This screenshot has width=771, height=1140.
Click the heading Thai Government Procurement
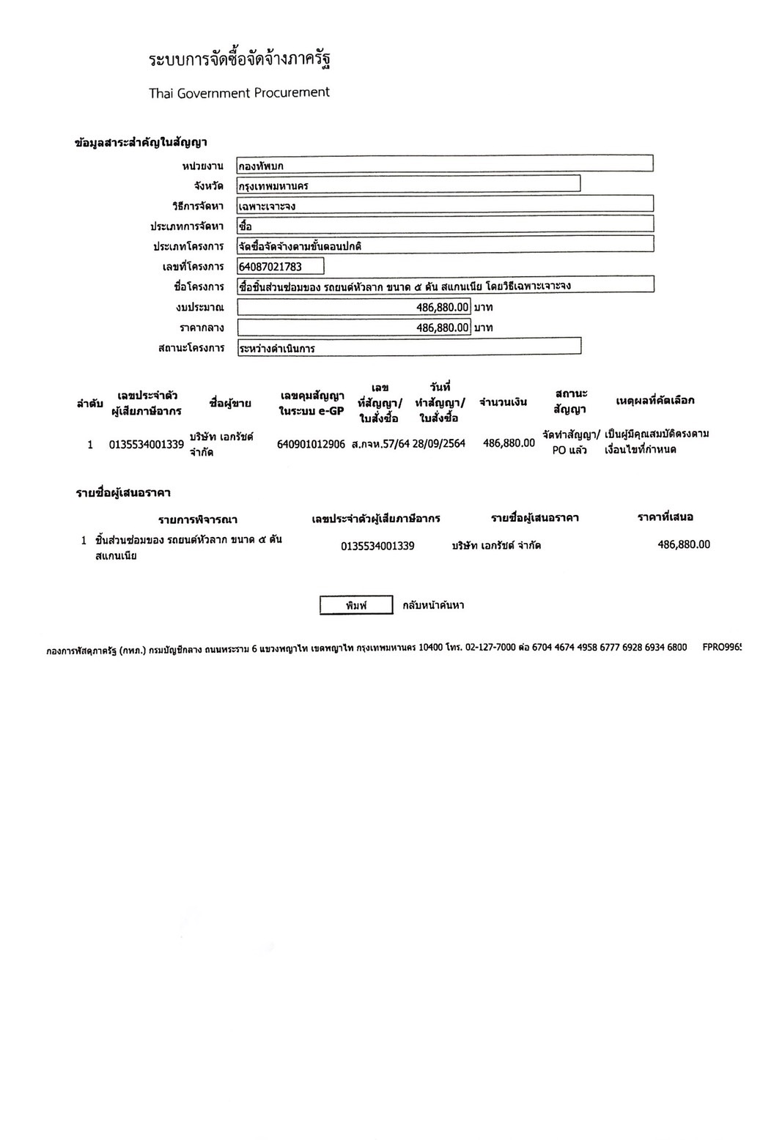tap(239, 93)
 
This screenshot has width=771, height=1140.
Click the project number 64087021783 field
tap(280, 267)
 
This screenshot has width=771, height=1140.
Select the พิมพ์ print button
tap(356, 605)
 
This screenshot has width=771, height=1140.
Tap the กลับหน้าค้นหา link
tap(433, 605)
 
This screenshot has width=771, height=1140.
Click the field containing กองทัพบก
tap(444, 166)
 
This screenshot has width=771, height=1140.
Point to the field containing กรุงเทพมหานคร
tap(408, 185)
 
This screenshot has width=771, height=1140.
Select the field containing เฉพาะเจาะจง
tap(444, 206)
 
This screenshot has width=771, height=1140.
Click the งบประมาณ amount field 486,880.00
tap(353, 307)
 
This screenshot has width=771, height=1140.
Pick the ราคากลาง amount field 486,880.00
tap(353, 327)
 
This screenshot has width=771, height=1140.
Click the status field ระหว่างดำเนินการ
tap(408, 348)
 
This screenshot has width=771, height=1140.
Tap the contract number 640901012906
tap(311, 444)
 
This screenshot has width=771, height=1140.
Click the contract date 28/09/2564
tap(439, 443)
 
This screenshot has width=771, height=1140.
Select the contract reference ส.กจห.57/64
tap(380, 444)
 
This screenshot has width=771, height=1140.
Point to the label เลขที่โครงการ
tap(193, 267)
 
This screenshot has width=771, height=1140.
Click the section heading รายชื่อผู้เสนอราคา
tap(123, 492)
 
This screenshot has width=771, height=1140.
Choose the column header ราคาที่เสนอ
tap(665, 517)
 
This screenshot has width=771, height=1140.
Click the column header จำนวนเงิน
tap(503, 402)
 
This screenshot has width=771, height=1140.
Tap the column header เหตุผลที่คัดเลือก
tap(655, 401)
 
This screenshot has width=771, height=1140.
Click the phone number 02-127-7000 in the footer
tap(490, 648)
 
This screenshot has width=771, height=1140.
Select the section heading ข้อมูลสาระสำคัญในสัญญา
tap(141, 143)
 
